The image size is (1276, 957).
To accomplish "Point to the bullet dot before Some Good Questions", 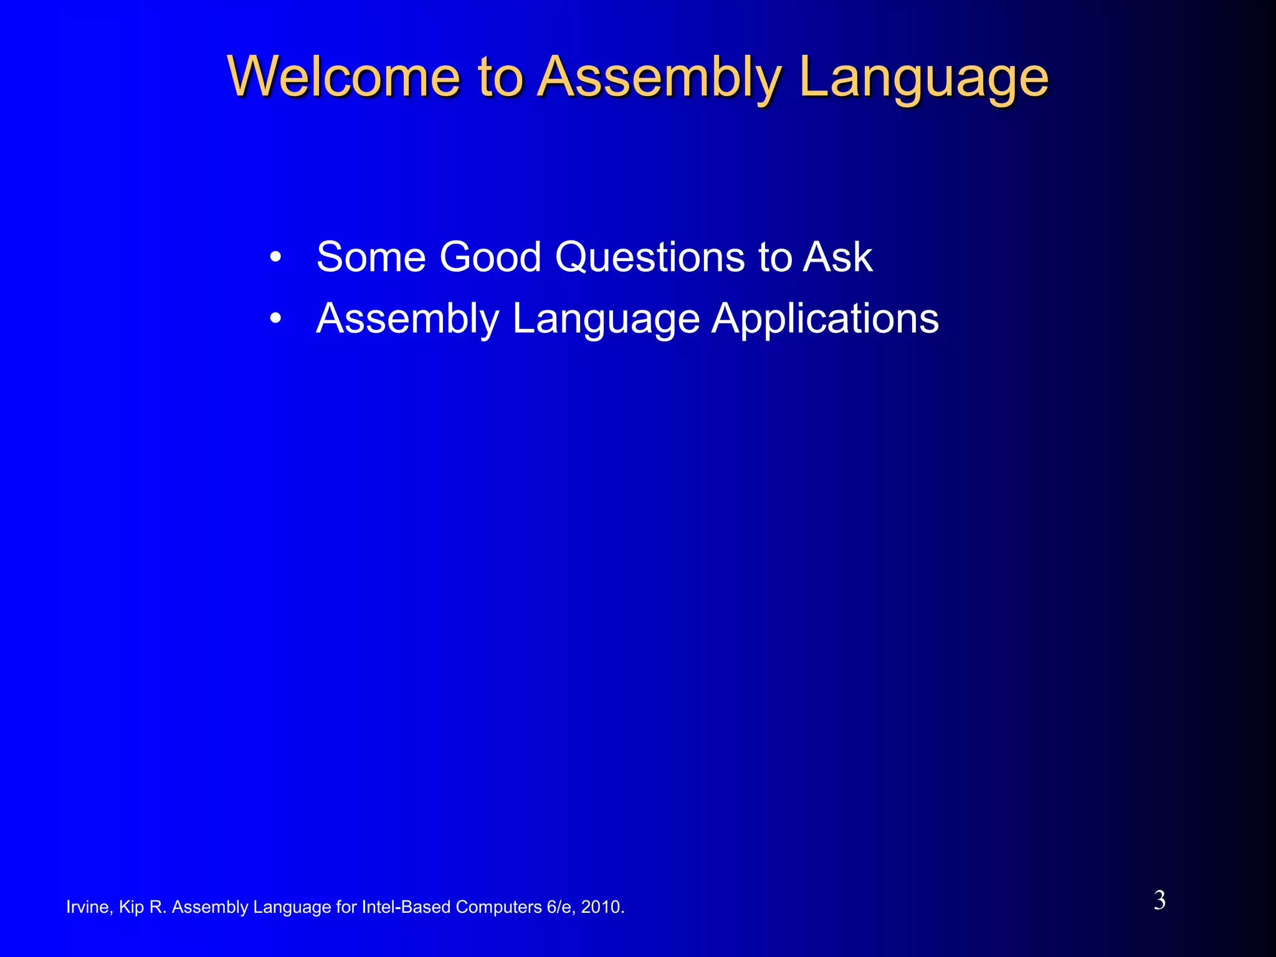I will point(275,257).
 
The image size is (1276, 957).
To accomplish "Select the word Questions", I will point(650,257).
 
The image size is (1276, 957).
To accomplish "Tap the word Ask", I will point(837,257).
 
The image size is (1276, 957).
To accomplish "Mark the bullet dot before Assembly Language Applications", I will point(275,318).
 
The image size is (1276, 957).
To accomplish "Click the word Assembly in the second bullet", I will point(407,318).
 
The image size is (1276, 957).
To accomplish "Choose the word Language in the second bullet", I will point(606,318).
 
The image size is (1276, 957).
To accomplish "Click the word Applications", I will point(825,318).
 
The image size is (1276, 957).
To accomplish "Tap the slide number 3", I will point(1159,900).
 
